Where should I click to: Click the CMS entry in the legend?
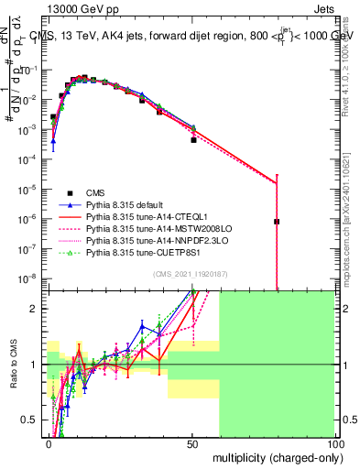pyautogui.click(x=95, y=191)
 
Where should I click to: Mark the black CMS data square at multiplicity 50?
pyautogui.click(x=193, y=140)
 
